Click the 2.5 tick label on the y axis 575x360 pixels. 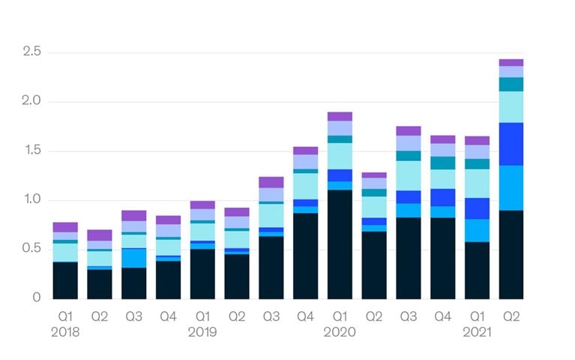tap(32, 52)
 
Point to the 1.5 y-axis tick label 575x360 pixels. tap(32, 150)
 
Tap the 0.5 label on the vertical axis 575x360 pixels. tap(31, 248)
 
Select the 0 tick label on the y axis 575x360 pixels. tap(36, 297)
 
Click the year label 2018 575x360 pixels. tap(65, 332)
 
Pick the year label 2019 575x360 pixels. tap(202, 332)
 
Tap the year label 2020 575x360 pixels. tap(340, 332)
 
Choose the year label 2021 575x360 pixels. tap(477, 332)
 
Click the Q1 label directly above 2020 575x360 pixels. tap(340, 316)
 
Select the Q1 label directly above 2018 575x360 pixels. tap(65, 316)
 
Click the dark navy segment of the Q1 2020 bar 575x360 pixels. tap(340, 244)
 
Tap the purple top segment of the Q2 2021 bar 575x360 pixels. tap(511, 63)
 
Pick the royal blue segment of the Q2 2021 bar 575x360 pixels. tap(511, 144)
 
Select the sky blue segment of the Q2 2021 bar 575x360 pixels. tap(511, 188)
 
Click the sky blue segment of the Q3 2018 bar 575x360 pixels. tap(134, 258)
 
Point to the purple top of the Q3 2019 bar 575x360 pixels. tap(271, 182)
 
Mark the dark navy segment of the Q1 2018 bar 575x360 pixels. tap(65, 280)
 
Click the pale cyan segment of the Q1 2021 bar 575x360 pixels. tap(477, 184)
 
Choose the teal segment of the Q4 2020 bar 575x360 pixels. tap(443, 163)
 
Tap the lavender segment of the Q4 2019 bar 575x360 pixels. tap(305, 162)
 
